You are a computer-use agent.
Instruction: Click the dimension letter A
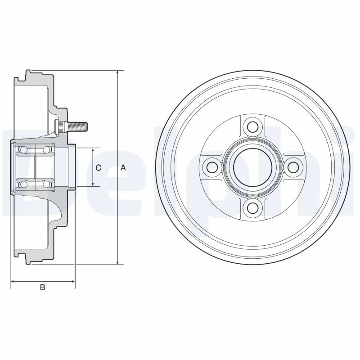tap(123, 167)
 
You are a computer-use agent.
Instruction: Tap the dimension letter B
tap(43, 288)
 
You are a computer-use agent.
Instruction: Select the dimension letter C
tap(99, 167)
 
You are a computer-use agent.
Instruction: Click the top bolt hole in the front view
tap(253, 126)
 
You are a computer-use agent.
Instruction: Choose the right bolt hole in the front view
tap(294, 167)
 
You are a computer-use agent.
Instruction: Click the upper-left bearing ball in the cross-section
tap(24, 149)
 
